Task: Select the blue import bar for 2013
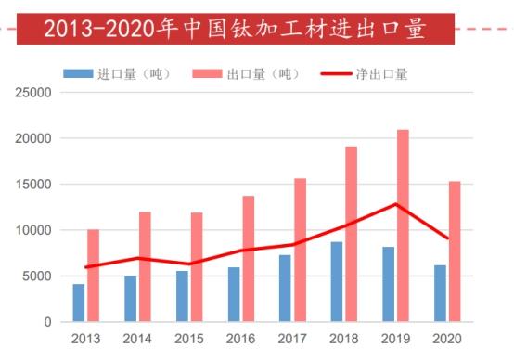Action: tap(79, 302)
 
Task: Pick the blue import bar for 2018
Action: tap(337, 281)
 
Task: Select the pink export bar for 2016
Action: tap(248, 259)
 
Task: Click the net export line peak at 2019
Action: tap(396, 204)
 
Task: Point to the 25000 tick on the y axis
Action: tap(32, 93)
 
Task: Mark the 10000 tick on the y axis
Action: tap(32, 230)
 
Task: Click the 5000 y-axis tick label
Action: tap(35, 276)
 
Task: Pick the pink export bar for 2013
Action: tap(93, 276)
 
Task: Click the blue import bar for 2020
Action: tap(441, 293)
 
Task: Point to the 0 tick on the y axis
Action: tap(47, 322)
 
